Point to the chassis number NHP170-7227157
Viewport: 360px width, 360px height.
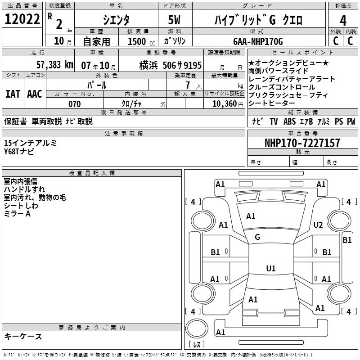(x=302, y=143)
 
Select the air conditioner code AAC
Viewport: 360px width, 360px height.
(x=34, y=94)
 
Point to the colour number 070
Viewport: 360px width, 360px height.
(x=74, y=104)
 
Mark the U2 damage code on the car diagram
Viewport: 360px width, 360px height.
(x=318, y=225)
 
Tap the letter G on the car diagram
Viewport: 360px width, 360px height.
(x=257, y=237)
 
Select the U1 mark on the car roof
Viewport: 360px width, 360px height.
(x=271, y=269)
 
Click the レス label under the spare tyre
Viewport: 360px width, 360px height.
(x=197, y=345)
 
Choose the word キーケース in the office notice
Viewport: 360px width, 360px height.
(x=23, y=336)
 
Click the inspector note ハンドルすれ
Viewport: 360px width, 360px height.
(x=24, y=189)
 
